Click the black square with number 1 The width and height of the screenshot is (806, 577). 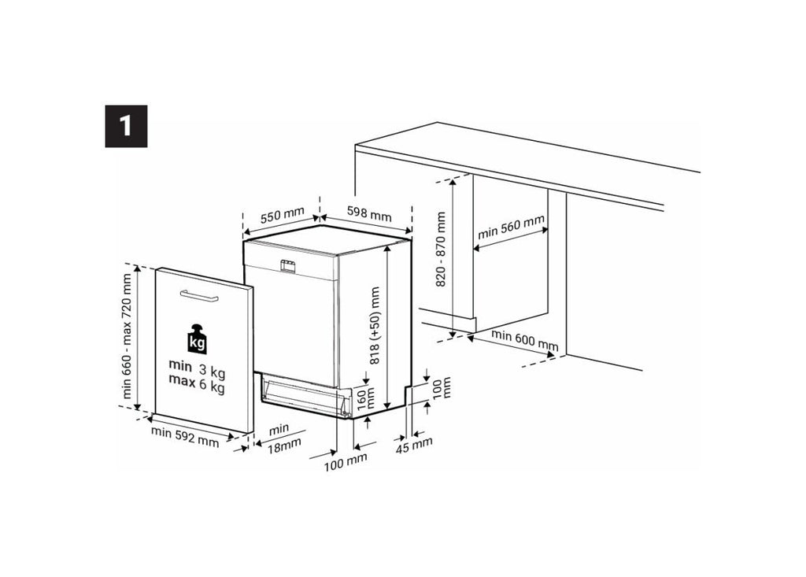tap(126, 126)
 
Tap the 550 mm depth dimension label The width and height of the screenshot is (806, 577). tap(283, 214)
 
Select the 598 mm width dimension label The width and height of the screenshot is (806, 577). tap(368, 213)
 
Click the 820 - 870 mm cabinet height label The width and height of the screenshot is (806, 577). tap(441, 250)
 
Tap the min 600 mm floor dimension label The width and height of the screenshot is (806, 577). tap(525, 340)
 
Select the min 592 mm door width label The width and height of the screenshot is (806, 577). tap(184, 437)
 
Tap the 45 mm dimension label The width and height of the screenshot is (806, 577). tap(414, 445)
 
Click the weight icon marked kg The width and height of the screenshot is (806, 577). tap(197, 339)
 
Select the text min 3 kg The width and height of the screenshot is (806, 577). tap(197, 368)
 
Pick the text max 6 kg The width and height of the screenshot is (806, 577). tap(197, 383)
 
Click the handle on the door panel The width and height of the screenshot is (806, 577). tap(199, 296)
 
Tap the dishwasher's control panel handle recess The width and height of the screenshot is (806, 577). tap(287, 265)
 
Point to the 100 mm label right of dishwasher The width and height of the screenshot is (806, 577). tap(439, 387)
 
